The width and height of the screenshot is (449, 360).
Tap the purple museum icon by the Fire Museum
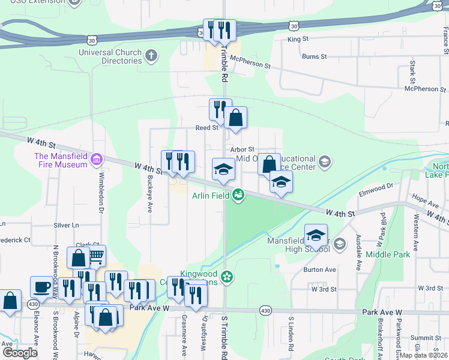[x=96, y=160]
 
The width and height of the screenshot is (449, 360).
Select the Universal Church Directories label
[x=110, y=56]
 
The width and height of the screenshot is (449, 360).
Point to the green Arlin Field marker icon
[x=239, y=195]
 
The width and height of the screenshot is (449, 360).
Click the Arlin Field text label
[x=210, y=196]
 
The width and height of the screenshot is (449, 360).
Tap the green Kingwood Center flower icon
[x=227, y=277]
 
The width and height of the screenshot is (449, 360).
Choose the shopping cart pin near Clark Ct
[x=95, y=256]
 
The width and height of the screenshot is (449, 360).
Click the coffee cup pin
[x=41, y=286]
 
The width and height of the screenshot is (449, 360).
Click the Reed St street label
[x=206, y=127]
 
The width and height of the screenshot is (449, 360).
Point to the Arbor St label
[x=242, y=149]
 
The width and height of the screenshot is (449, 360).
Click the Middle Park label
[x=387, y=254]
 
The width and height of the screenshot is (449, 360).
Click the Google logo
[x=20, y=353]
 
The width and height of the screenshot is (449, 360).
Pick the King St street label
[x=297, y=39]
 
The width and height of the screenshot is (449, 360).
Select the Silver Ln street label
[x=66, y=225]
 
